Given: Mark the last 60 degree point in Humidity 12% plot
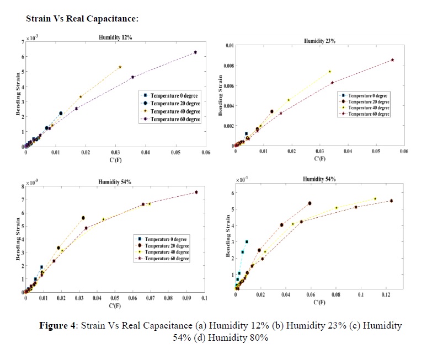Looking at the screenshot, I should pyautogui.click(x=195, y=52).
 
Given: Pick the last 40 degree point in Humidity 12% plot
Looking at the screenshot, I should pyautogui.click(x=120, y=67).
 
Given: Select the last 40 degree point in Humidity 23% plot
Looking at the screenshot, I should pyautogui.click(x=330, y=72).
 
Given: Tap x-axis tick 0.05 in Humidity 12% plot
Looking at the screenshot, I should pyautogui.click(x=176, y=152).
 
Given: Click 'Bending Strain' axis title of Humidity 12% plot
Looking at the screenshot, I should pyautogui.click(x=18, y=94).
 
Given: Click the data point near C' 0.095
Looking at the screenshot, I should pyautogui.click(x=196, y=192).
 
